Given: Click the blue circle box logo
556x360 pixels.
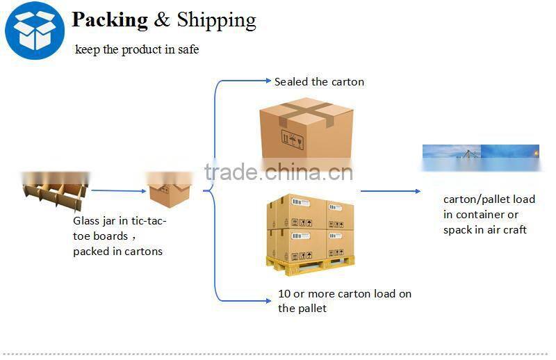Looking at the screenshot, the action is pyautogui.click(x=35, y=30).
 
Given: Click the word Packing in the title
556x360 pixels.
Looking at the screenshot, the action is pyautogui.click(x=110, y=20).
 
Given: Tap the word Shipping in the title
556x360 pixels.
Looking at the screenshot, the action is pyautogui.click(x=216, y=20).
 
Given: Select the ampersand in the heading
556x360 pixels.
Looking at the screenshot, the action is pyautogui.click(x=162, y=19).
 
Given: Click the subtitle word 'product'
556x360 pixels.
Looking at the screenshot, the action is pyautogui.click(x=141, y=49).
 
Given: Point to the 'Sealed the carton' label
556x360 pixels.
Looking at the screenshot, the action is pyautogui.click(x=319, y=82).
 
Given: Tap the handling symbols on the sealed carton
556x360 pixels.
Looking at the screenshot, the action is pyautogui.click(x=293, y=140).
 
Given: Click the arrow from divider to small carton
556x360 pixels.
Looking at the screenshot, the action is pyautogui.click(x=118, y=191).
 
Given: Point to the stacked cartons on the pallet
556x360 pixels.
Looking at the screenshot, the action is pyautogui.click(x=310, y=228).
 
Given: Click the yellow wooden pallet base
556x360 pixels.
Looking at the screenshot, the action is pyautogui.click(x=311, y=265).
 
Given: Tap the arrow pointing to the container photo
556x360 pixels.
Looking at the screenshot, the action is pyautogui.click(x=391, y=191).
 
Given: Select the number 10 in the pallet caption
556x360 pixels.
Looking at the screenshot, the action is pyautogui.click(x=284, y=294).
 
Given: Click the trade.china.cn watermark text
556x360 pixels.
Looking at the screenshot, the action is pyautogui.click(x=279, y=172).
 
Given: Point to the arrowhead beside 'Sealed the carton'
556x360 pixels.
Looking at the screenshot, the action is pyautogui.click(x=268, y=81).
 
